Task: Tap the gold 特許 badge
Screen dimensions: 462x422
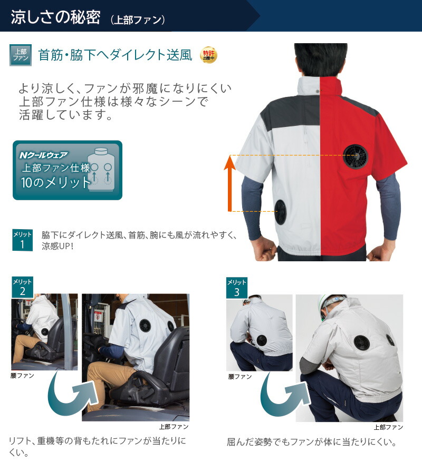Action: (x=208, y=55)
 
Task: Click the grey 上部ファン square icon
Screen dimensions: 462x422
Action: (x=21, y=55)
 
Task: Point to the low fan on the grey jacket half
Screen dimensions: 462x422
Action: (x=280, y=212)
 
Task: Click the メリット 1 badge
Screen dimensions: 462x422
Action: (x=22, y=240)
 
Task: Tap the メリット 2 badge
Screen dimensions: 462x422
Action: (x=22, y=288)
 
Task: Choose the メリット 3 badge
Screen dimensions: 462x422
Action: (x=236, y=288)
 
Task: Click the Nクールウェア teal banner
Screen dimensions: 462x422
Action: (x=68, y=170)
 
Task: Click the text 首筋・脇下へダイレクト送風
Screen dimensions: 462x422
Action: (x=115, y=55)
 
